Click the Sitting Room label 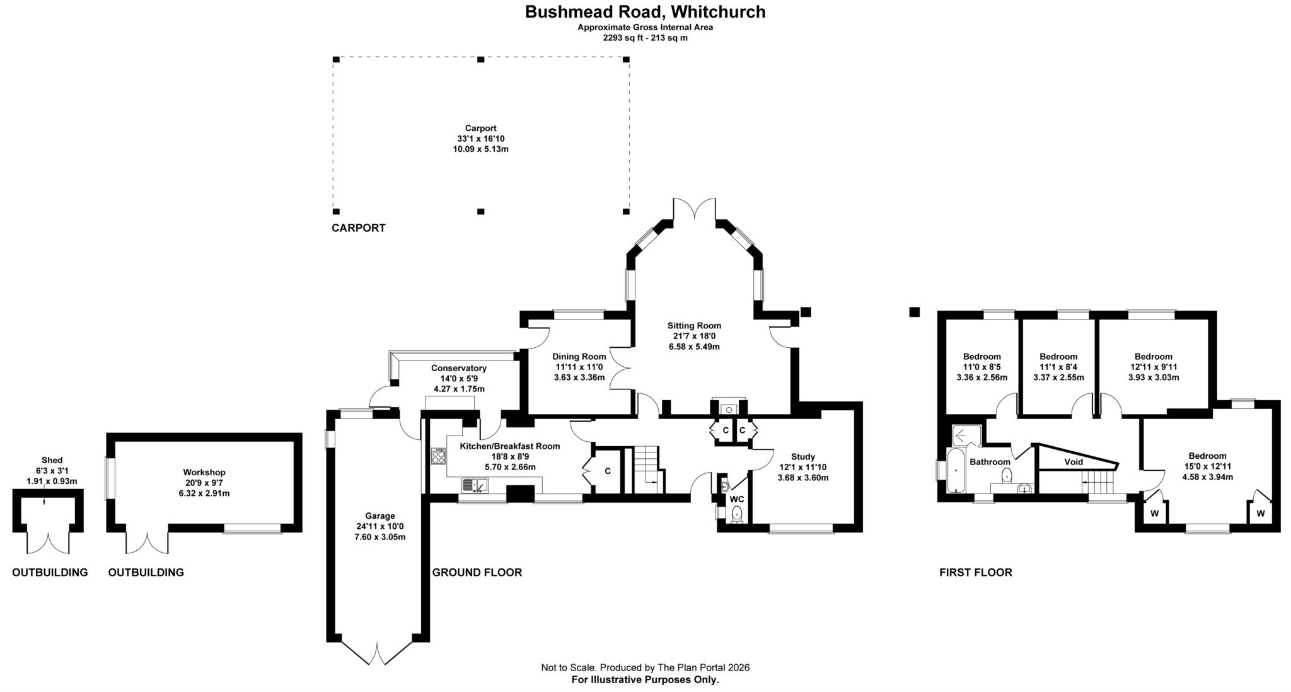(694, 326)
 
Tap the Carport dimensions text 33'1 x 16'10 (480, 139)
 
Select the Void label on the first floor (1074, 462)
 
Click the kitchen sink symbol (474, 485)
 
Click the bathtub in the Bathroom (956, 470)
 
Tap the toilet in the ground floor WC (737, 514)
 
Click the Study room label (802, 456)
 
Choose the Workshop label (204, 472)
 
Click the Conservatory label (458, 368)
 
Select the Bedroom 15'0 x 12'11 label (1207, 456)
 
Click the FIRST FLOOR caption (975, 572)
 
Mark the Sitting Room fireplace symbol (728, 408)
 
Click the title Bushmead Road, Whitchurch (645, 11)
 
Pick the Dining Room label (579, 357)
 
